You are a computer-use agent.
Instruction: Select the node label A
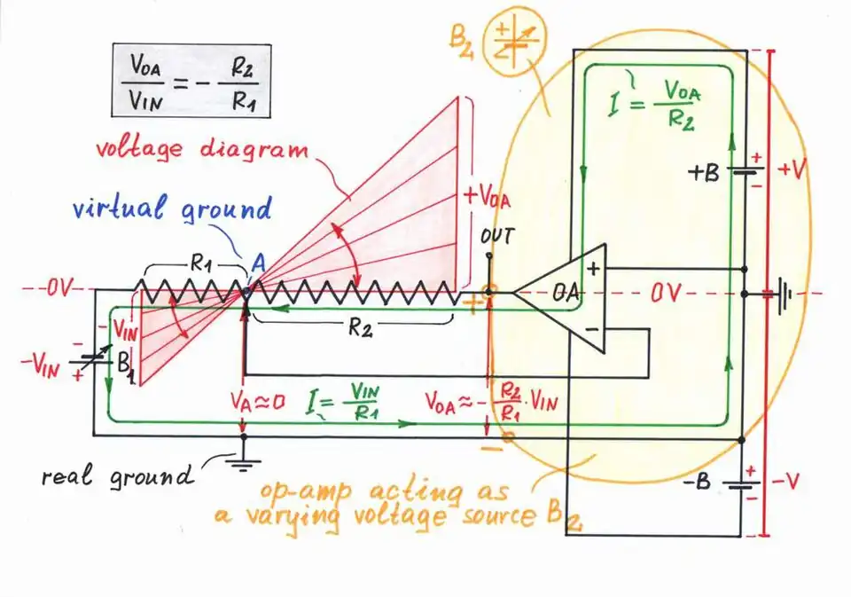tap(257, 263)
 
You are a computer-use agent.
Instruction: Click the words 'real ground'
tap(115, 477)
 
